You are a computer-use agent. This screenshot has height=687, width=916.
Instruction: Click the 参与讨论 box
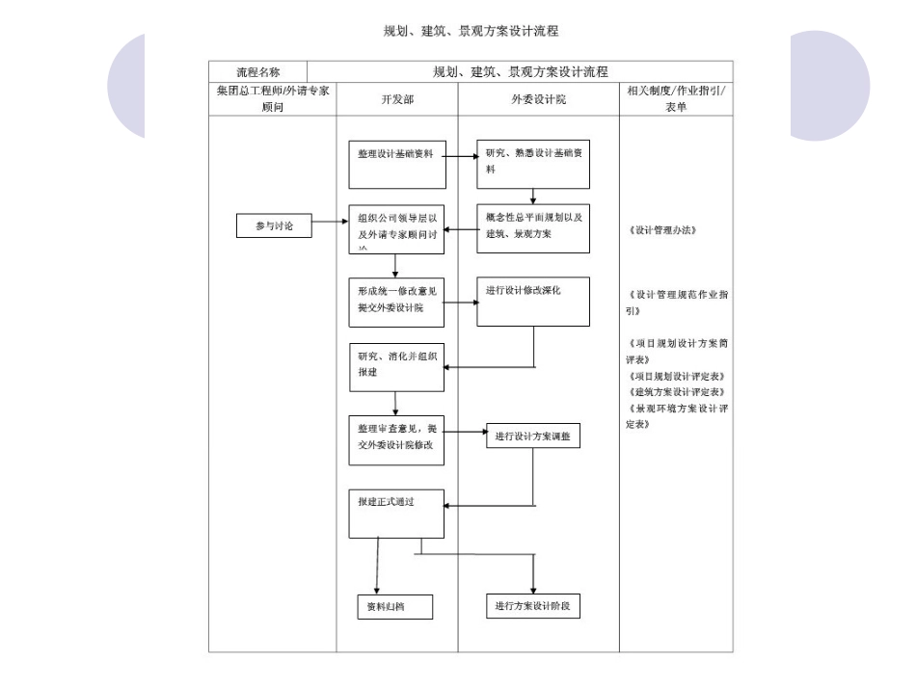(274, 225)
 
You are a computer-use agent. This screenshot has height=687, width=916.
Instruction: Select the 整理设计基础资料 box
(396, 165)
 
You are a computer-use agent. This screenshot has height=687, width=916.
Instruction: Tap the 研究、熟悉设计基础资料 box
(533, 165)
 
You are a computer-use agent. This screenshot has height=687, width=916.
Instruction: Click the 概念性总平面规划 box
(533, 228)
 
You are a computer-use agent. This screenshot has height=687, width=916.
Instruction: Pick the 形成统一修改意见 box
(396, 301)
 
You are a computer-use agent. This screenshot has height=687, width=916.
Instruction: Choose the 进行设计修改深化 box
(533, 301)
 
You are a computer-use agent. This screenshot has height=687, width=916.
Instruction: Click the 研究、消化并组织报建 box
(396, 367)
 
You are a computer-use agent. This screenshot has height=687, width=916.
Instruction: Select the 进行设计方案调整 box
(533, 436)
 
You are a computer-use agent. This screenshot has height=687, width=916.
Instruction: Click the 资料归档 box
(392, 606)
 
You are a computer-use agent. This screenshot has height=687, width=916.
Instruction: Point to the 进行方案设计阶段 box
(533, 606)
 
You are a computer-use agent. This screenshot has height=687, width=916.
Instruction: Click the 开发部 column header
(396, 100)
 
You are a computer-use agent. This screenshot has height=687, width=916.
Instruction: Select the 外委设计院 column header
(538, 100)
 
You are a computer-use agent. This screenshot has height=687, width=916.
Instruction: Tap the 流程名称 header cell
(258, 72)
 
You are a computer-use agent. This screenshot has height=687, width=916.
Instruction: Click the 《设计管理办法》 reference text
(661, 231)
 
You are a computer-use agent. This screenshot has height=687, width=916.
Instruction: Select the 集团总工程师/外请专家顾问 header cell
(273, 100)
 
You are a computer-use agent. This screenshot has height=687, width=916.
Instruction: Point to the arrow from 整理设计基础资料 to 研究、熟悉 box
(462, 154)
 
